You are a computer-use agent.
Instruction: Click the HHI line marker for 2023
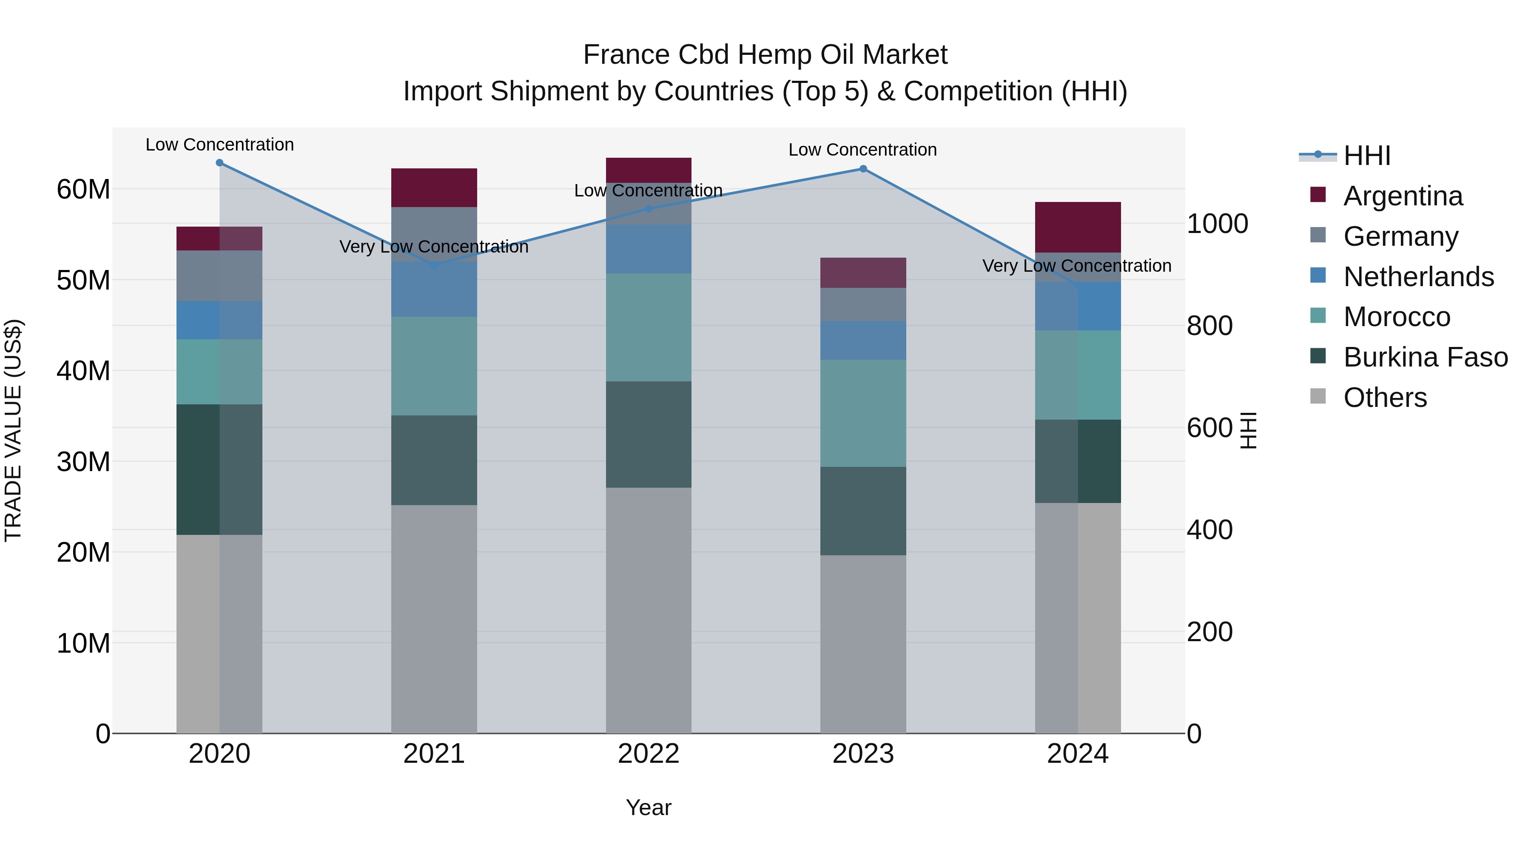point(863,169)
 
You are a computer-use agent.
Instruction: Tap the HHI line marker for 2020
point(219,163)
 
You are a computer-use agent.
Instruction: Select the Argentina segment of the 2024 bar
point(1078,227)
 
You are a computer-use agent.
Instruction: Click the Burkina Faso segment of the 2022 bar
point(649,435)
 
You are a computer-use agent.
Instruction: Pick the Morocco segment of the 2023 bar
point(863,413)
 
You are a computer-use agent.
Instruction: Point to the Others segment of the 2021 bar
point(434,619)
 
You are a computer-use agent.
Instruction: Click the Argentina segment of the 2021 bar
point(434,188)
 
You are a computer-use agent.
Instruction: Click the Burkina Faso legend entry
point(1425,357)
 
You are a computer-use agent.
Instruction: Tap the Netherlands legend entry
point(1417,277)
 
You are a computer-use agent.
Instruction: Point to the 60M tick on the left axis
point(83,190)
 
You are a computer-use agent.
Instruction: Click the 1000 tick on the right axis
point(1217,224)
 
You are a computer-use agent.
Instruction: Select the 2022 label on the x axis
point(649,754)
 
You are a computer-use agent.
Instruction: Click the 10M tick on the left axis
point(83,643)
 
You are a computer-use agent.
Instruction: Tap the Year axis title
point(649,807)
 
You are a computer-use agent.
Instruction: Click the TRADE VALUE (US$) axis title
point(13,430)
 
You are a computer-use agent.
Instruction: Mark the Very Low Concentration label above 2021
point(434,247)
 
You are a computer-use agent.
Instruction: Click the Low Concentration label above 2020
point(219,145)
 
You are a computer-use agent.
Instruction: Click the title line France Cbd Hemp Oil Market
point(765,55)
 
